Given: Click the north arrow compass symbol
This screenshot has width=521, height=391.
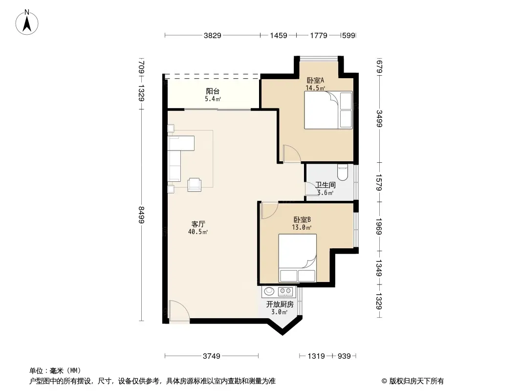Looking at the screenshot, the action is [x=27, y=22].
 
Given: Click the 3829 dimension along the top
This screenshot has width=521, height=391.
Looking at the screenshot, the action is [x=212, y=35].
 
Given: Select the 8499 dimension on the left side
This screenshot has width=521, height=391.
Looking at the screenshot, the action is [x=142, y=215].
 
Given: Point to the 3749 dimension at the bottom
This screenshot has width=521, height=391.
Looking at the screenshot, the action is [x=211, y=356].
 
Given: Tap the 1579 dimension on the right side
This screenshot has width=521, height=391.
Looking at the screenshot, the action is [x=379, y=182].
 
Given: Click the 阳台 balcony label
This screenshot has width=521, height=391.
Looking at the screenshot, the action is [x=213, y=91].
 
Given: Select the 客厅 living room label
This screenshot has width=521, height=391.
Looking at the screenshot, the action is [x=198, y=224].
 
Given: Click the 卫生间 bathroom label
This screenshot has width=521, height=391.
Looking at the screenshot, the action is [x=326, y=185].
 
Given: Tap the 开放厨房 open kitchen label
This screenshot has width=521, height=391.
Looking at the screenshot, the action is [x=280, y=304].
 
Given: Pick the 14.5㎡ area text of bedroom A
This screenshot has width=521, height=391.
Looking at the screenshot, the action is [x=315, y=88].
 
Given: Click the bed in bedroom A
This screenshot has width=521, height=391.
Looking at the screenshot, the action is [x=328, y=110].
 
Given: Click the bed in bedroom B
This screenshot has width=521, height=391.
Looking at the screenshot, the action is [x=297, y=258].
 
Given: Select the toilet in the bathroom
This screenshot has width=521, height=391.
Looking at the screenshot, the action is [x=342, y=172].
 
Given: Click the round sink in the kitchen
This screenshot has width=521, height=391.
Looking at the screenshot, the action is [x=269, y=291].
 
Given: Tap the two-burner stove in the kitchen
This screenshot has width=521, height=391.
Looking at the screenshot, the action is [x=285, y=291].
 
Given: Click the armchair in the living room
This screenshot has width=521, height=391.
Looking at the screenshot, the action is [x=195, y=184].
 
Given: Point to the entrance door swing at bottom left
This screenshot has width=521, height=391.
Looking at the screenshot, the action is [x=179, y=311].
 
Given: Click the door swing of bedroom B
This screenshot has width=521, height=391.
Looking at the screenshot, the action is [x=269, y=211].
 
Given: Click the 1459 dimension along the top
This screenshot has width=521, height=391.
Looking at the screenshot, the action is [x=279, y=35].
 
